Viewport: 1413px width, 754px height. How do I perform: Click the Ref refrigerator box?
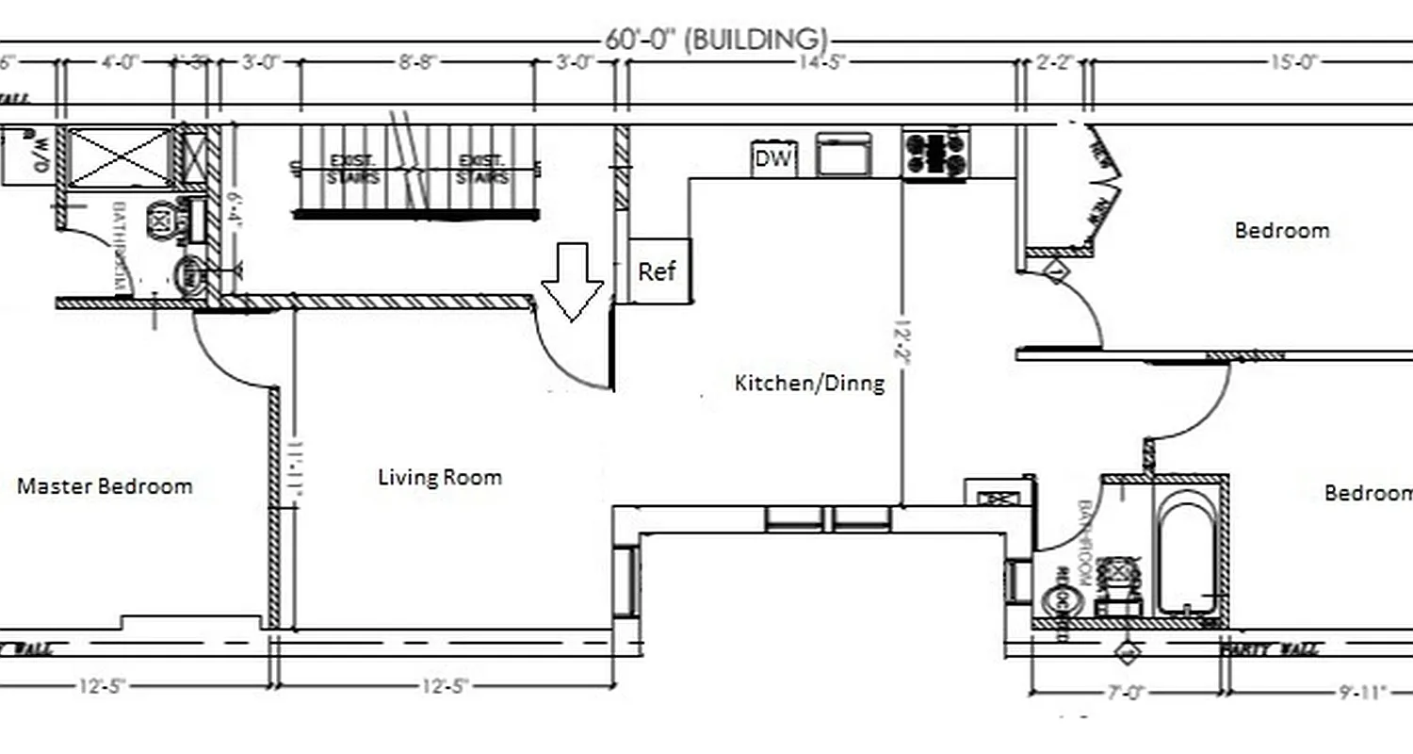tap(658, 271)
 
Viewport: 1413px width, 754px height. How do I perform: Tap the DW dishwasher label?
tap(773, 158)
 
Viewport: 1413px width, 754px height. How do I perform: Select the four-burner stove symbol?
tap(935, 155)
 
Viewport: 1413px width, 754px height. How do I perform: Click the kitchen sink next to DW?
tap(843, 155)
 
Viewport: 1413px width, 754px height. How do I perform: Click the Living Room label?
tap(439, 477)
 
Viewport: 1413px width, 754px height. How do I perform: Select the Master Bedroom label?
tap(105, 486)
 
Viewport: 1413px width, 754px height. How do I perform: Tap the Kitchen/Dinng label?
tap(809, 383)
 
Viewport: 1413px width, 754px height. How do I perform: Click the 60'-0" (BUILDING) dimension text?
tap(717, 40)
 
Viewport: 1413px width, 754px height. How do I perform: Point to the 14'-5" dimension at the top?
tap(821, 62)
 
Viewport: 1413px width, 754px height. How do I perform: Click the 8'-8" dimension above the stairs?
tap(415, 62)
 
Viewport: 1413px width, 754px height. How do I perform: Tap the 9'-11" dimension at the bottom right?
tap(1363, 693)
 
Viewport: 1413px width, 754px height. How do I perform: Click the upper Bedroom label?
tap(1282, 230)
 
